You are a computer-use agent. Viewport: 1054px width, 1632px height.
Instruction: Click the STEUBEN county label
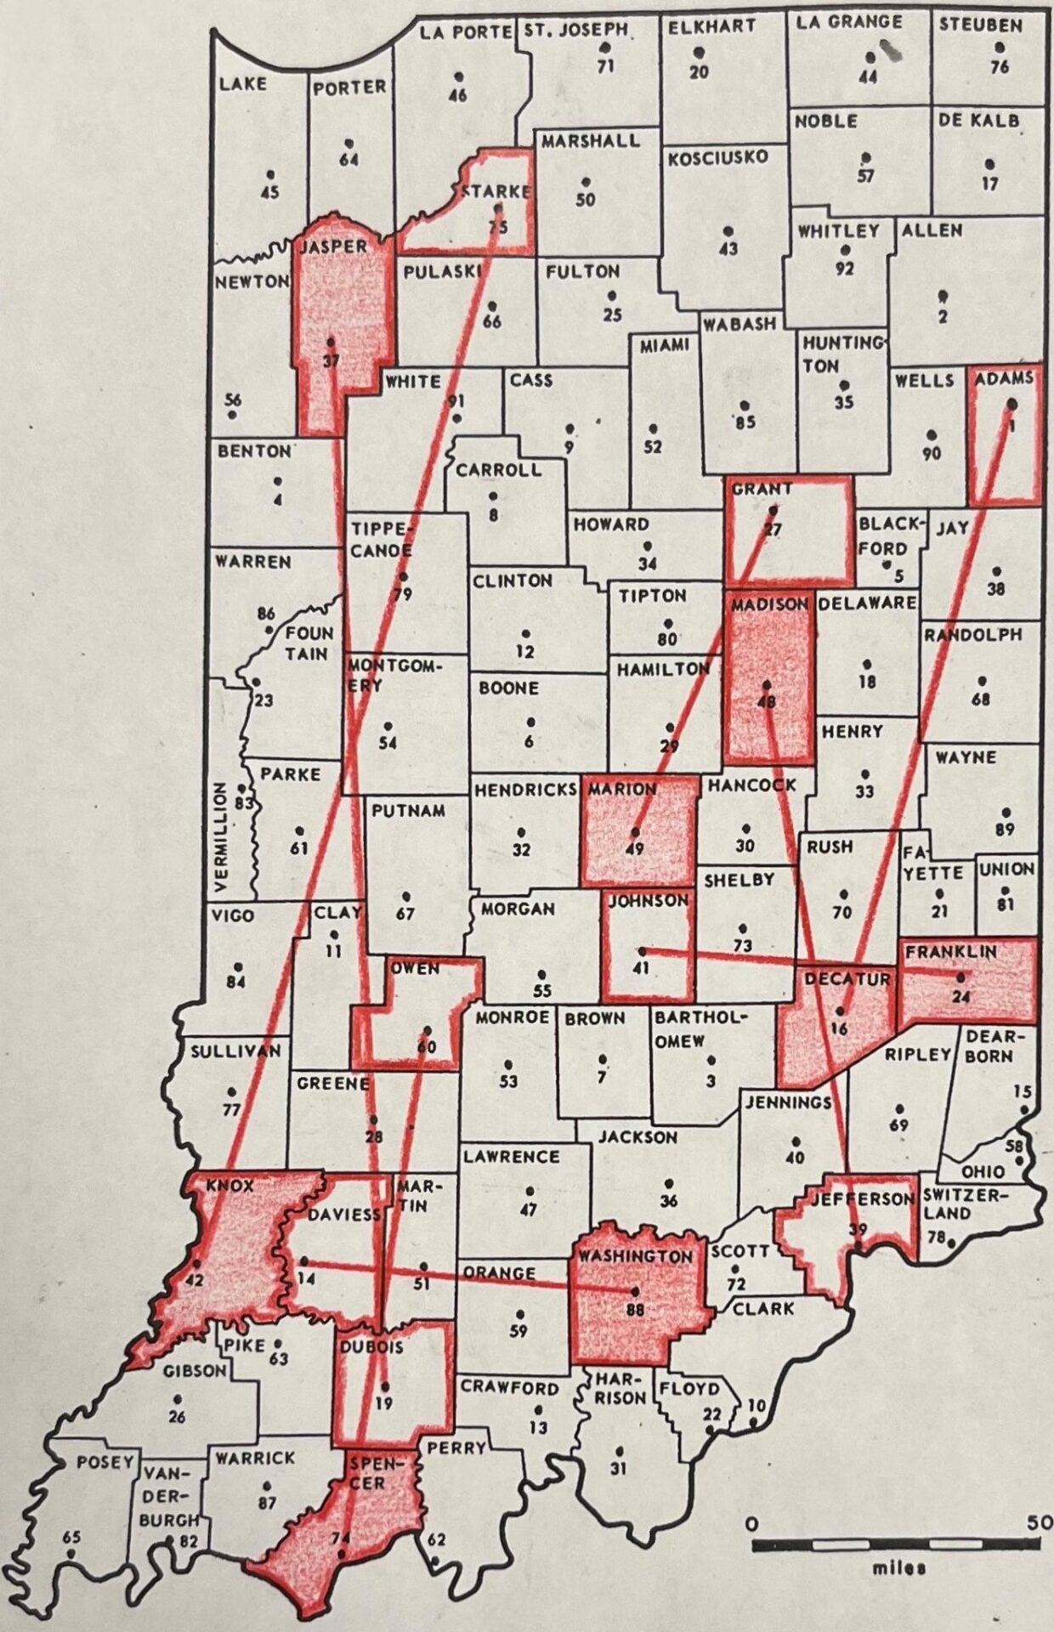[x=979, y=25]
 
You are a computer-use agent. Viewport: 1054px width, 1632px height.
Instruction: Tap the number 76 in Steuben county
[x=1000, y=66]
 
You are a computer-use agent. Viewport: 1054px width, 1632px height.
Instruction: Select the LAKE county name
[x=243, y=83]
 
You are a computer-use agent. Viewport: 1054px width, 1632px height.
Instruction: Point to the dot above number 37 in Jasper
[x=330, y=342]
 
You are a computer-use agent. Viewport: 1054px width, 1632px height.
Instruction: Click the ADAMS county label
[x=1005, y=378]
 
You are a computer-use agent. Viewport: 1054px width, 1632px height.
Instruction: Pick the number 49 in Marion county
[x=634, y=848]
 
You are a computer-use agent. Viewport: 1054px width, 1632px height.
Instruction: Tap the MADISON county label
[x=769, y=604]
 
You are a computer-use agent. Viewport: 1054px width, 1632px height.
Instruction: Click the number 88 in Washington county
[x=635, y=1310]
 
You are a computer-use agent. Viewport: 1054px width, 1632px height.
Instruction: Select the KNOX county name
[x=230, y=1186]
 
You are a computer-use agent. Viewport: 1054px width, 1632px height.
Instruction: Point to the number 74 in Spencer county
[x=340, y=1537]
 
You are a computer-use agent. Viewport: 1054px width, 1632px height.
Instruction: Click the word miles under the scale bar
[x=898, y=1568]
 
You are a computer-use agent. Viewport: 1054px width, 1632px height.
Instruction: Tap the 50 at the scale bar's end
[x=1039, y=1522]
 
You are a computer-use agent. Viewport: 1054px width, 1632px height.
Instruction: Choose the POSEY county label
[x=105, y=1462]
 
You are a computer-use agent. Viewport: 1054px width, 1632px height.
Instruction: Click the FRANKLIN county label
[x=950, y=953]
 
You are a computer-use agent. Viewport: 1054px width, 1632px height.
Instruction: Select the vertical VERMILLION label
[x=219, y=838]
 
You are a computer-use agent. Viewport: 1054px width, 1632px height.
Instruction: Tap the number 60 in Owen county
[x=427, y=1047]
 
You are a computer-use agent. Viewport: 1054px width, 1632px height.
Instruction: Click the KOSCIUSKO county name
[x=717, y=158]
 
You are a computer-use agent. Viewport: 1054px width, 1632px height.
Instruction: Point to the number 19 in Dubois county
[x=384, y=1403]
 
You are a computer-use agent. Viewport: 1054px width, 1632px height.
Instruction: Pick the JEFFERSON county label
[x=860, y=1199]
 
